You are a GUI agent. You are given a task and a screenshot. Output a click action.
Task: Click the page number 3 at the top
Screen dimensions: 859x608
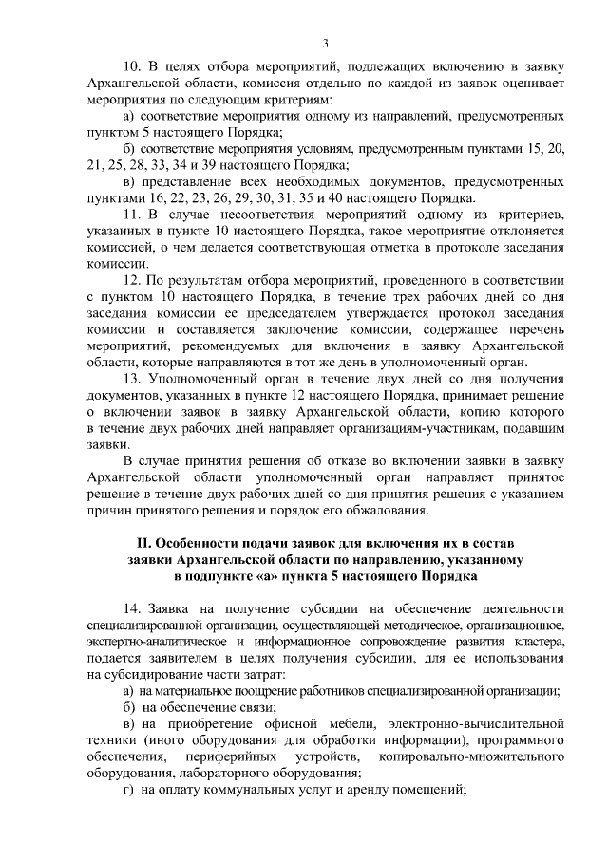[325, 43]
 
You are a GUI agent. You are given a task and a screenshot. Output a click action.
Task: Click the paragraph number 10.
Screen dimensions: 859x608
[133, 65]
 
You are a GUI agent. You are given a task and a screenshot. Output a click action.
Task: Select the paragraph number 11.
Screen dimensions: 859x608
[132, 215]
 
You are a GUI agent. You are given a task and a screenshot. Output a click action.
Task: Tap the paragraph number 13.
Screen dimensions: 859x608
[133, 380]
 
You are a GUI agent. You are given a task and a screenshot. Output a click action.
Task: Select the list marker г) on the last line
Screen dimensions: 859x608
[131, 790]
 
